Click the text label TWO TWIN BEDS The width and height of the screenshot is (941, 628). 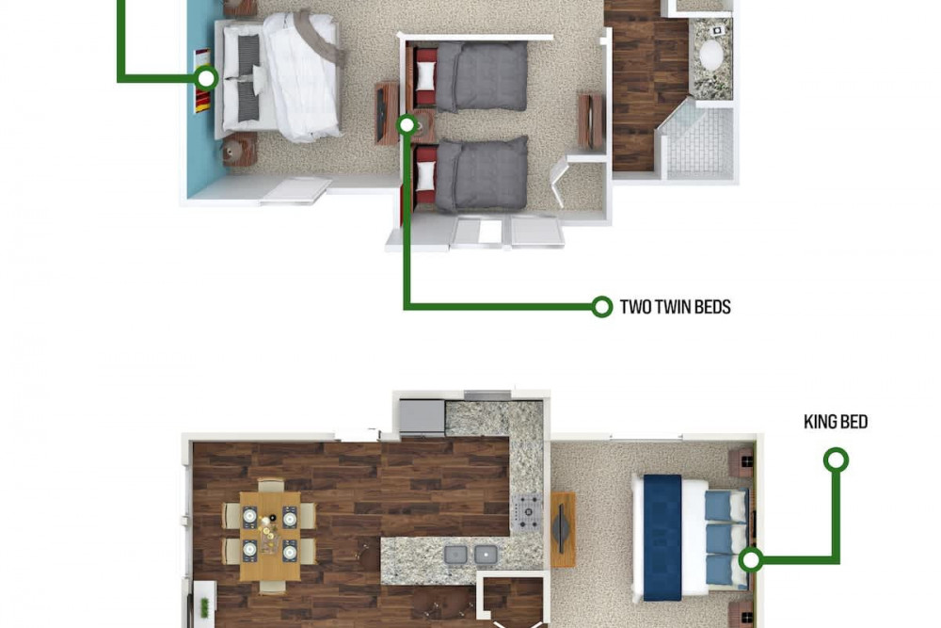click(x=675, y=307)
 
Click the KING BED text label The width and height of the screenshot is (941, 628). click(x=836, y=422)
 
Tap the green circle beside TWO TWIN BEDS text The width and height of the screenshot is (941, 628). click(x=601, y=307)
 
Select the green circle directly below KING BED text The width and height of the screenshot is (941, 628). click(x=836, y=460)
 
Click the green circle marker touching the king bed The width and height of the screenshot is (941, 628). click(x=750, y=560)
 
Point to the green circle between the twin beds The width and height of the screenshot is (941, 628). click(x=407, y=125)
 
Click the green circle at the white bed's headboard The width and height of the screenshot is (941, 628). click(x=206, y=78)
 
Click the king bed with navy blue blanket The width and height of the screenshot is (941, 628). click(x=690, y=538)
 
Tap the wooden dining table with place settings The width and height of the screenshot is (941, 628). click(x=270, y=536)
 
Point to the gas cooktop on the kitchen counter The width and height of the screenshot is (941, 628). click(x=526, y=512)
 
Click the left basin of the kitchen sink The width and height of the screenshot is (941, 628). click(x=455, y=556)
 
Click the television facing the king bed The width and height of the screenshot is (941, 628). click(x=563, y=529)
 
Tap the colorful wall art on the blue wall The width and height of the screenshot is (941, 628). click(x=202, y=81)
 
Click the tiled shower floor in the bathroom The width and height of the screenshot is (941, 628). click(x=700, y=144)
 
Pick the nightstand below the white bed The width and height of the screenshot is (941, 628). click(x=239, y=150)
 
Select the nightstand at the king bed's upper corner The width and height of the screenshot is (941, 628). click(x=742, y=461)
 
